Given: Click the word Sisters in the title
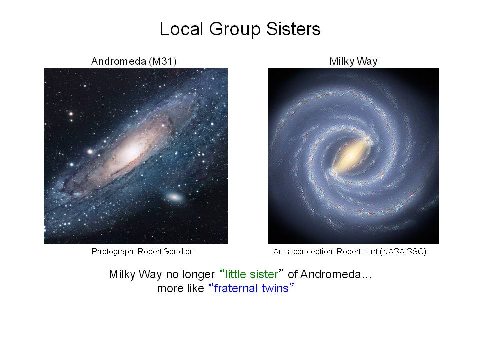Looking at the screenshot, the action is tap(293, 29).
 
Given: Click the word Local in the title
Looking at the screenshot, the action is tap(181, 29).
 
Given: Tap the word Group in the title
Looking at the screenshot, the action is tap(235, 30).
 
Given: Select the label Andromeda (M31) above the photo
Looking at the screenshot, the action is tap(134, 61).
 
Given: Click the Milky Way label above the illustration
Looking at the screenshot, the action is tap(353, 61).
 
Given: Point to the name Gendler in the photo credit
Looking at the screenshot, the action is tap(178, 251).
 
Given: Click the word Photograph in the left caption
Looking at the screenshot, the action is tap(112, 252).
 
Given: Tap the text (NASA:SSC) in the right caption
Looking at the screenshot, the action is tap(403, 251).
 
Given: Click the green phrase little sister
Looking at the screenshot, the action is tap(252, 274).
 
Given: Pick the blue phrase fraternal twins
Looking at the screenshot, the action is tap(251, 288).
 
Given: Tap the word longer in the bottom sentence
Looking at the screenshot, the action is tap(198, 275).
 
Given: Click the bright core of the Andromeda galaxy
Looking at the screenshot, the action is tap(131, 150).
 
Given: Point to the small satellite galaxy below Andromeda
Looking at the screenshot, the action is tap(175, 197).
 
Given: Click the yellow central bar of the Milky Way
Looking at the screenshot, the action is tap(350, 156).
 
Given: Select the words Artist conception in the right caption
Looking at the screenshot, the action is tap(303, 252).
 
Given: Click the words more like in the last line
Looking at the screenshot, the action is tap(180, 288).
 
